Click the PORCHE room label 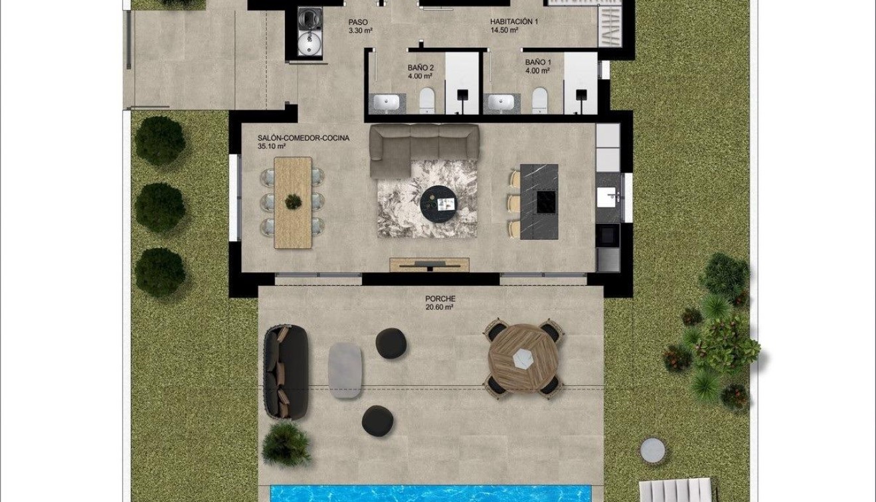[440, 299]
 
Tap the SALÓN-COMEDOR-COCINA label [304, 139]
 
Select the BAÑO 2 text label [420, 68]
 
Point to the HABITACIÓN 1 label [514, 21]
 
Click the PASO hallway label [358, 22]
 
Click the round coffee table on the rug [438, 198]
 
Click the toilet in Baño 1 [540, 101]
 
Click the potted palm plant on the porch [286, 444]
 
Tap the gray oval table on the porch [345, 370]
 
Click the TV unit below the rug [429, 264]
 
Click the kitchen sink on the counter [607, 197]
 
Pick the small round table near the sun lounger [652, 450]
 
